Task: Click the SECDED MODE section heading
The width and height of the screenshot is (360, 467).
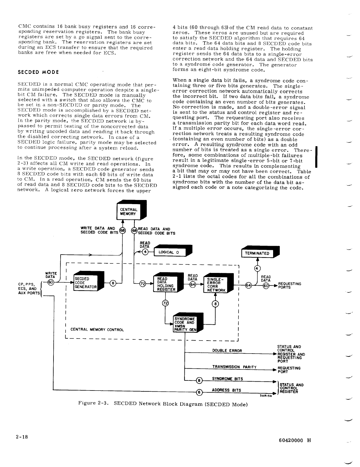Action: pyautogui.click(x=38, y=72)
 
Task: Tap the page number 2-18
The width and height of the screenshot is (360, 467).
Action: pyautogui.click(x=22, y=437)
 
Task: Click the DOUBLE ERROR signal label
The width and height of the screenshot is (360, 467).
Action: pyautogui.click(x=227, y=351)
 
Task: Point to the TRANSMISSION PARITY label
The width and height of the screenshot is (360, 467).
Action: pyautogui.click(x=234, y=367)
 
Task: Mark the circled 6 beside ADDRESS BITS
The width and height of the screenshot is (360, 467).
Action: pyautogui.click(x=200, y=392)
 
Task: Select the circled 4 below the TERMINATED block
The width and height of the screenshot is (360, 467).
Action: pyautogui.click(x=257, y=268)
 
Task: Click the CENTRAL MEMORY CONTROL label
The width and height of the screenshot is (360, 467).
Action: pyautogui.click(x=97, y=330)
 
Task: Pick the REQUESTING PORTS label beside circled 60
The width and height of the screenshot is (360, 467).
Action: pyautogui.click(x=290, y=285)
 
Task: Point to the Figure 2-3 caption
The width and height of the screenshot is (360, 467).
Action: pyautogui.click(x=163, y=403)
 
